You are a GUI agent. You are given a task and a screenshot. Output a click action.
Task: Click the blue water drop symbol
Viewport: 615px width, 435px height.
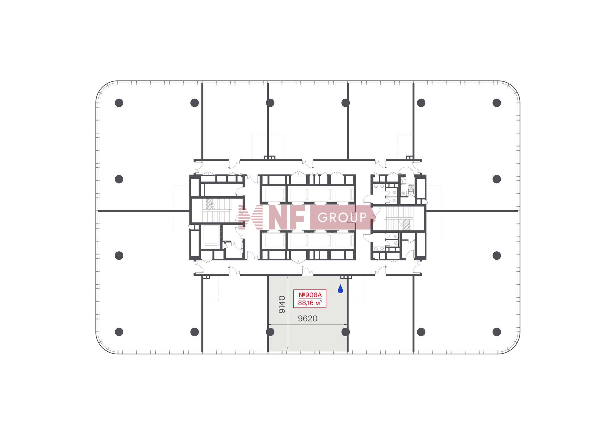(x=340, y=289)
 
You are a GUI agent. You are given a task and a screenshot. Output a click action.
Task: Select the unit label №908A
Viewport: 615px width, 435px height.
(x=310, y=295)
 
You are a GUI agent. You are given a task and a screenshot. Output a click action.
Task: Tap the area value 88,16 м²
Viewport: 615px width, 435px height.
(x=310, y=303)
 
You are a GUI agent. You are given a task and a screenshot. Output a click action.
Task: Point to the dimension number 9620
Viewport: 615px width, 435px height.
(x=307, y=319)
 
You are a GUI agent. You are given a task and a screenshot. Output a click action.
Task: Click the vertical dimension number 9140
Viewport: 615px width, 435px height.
(x=282, y=305)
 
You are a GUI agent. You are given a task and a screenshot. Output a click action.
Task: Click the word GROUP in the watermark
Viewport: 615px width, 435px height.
(x=342, y=218)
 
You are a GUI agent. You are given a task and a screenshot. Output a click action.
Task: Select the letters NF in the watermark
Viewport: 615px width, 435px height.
(x=286, y=218)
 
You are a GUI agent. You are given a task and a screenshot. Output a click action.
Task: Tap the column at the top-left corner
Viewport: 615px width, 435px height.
(x=119, y=103)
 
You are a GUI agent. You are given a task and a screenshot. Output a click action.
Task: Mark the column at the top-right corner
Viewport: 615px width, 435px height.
(x=496, y=103)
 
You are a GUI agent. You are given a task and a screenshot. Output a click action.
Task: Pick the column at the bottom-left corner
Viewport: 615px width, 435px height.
(x=119, y=332)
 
